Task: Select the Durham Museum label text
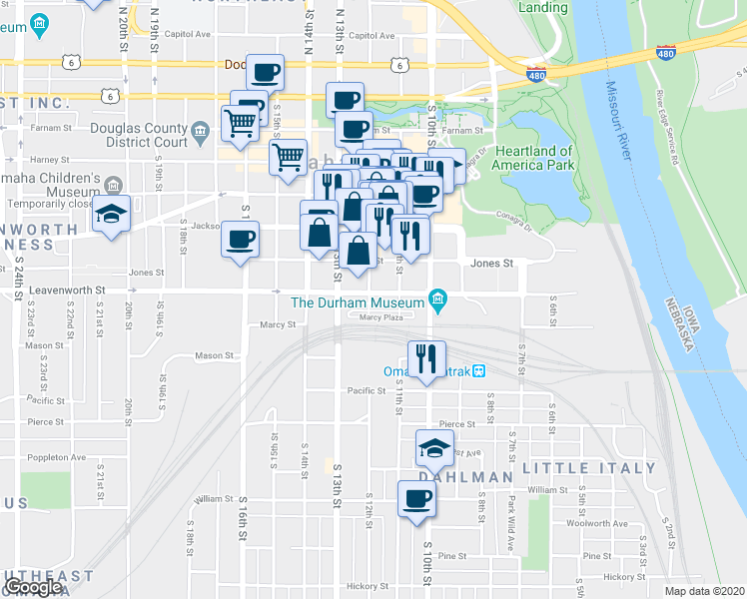point(357,301)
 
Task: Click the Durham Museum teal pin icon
point(436,298)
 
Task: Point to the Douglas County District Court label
point(139,135)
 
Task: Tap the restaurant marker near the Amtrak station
point(426,358)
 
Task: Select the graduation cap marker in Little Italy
point(434,447)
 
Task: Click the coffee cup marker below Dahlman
point(416,499)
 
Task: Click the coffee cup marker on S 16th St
point(240,240)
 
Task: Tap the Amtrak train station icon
point(478,371)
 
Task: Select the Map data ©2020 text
point(705,591)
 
